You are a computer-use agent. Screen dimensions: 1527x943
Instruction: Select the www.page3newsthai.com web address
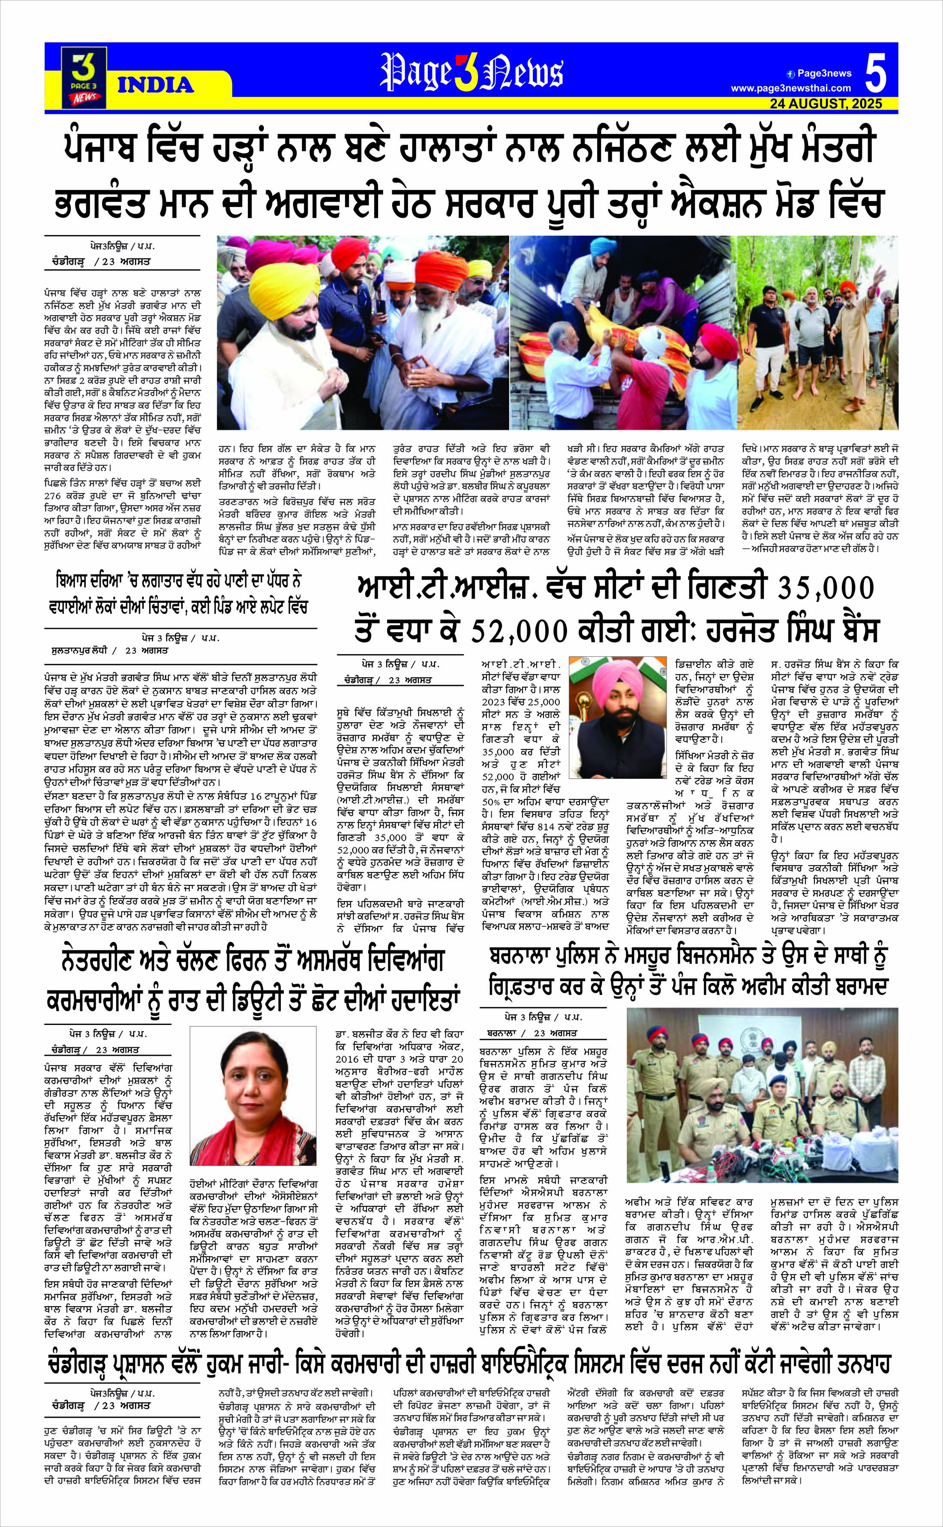click(x=790, y=88)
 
